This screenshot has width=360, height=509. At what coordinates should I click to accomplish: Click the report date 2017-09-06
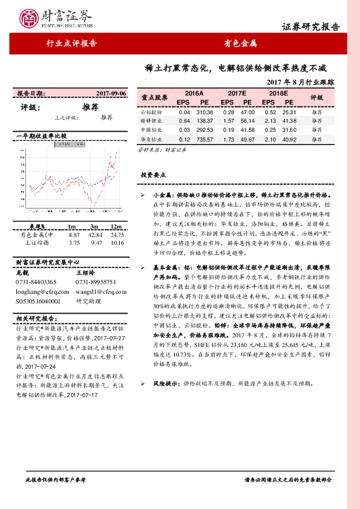click(111, 94)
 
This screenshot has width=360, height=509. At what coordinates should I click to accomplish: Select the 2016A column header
click(194, 94)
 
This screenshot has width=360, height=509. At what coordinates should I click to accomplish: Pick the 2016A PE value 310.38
click(205, 112)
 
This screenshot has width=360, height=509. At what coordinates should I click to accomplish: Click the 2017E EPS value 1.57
click(228, 121)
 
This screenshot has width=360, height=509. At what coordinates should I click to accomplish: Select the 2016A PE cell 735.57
click(205, 140)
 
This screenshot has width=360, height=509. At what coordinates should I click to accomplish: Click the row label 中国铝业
click(151, 131)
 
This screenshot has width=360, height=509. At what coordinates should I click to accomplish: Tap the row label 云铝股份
click(151, 112)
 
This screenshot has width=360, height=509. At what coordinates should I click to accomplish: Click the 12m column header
click(117, 226)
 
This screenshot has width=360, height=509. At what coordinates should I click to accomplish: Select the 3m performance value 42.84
click(96, 234)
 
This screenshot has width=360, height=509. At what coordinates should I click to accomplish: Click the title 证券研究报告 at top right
click(311, 28)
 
